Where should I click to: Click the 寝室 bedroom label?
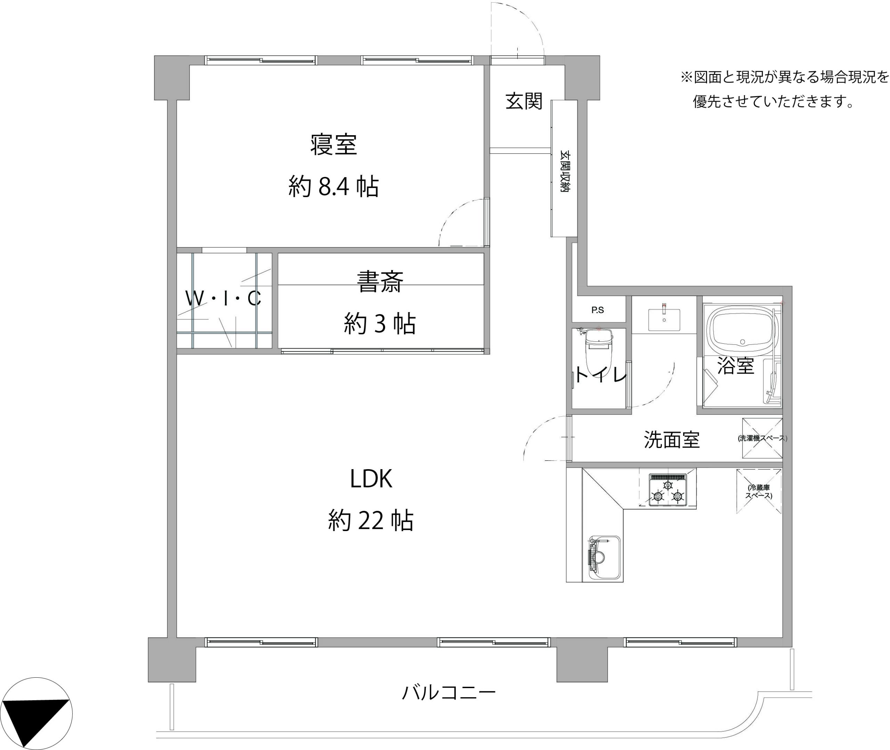click(x=333, y=145)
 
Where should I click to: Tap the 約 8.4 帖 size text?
click(x=333, y=186)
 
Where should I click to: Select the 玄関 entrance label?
click(x=524, y=101)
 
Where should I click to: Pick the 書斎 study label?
click(x=380, y=282)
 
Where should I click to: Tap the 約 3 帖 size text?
click(x=380, y=324)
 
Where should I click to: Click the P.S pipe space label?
click(x=597, y=310)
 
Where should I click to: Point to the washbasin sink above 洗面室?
click(x=664, y=320)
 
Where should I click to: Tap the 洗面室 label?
click(x=671, y=440)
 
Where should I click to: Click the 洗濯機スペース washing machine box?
click(x=762, y=438)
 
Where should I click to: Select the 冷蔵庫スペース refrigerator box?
click(x=759, y=491)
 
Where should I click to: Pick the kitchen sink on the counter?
click(x=604, y=557)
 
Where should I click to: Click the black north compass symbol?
click(x=36, y=714)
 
